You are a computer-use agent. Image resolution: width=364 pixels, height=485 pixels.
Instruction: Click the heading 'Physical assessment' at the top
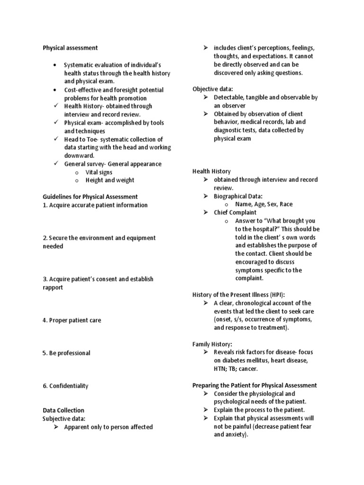pyautogui.click(x=70, y=48)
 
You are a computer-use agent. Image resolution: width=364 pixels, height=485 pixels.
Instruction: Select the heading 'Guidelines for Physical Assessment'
pyautogui.click(x=90, y=197)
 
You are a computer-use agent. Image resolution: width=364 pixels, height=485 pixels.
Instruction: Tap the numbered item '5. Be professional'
pyautogui.click(x=66, y=353)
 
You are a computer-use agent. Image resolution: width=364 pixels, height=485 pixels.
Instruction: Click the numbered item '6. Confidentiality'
pyautogui.click(x=65, y=386)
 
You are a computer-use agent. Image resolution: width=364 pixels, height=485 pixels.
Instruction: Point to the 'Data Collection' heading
pyautogui.click(x=64, y=410)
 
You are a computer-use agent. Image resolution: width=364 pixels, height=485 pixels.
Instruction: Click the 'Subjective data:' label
pyautogui.click(x=64, y=419)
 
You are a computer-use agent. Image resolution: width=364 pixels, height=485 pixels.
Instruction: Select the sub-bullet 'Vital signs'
pyautogui.click(x=99, y=172)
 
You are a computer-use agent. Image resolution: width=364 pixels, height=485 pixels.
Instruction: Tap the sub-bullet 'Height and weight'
pyautogui.click(x=109, y=180)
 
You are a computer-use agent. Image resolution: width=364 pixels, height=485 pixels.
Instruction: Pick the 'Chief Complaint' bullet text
pyautogui.click(x=235, y=213)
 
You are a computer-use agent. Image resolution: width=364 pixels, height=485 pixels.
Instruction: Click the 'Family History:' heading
pyautogui.click(x=212, y=344)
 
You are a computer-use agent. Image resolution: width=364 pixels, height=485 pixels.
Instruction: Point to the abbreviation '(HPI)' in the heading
pyautogui.click(x=276, y=295)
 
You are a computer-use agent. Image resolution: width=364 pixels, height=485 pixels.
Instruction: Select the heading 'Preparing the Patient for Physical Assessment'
pyautogui.click(x=255, y=386)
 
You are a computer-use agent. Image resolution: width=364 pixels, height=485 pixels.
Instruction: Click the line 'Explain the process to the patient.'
pyautogui.click(x=259, y=410)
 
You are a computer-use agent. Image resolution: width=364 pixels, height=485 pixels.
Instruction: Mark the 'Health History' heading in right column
pyautogui.click(x=211, y=171)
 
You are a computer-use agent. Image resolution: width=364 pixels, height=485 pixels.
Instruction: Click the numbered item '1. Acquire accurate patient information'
pyautogui.click(x=95, y=205)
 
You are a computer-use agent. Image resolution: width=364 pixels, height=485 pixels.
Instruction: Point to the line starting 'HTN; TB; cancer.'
pyautogui.click(x=236, y=369)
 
